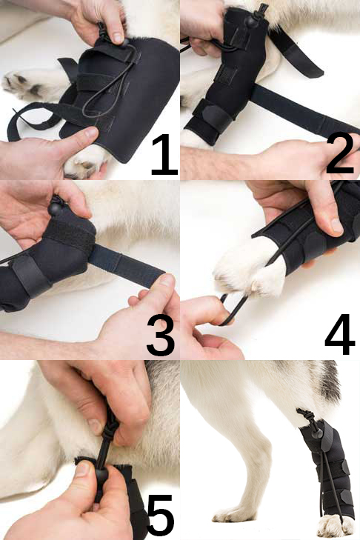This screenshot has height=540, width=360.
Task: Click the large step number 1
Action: point(164,155)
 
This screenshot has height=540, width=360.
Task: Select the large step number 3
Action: point(161,336)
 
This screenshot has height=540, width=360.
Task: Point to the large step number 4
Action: point(340,334)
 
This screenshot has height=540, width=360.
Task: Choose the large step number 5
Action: point(161,516)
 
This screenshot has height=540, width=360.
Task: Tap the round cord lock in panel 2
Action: point(252,21)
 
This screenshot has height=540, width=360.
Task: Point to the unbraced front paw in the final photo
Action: point(234,514)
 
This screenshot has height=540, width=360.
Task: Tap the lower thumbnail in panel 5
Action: point(83,469)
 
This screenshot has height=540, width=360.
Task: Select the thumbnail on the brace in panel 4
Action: point(336,225)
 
